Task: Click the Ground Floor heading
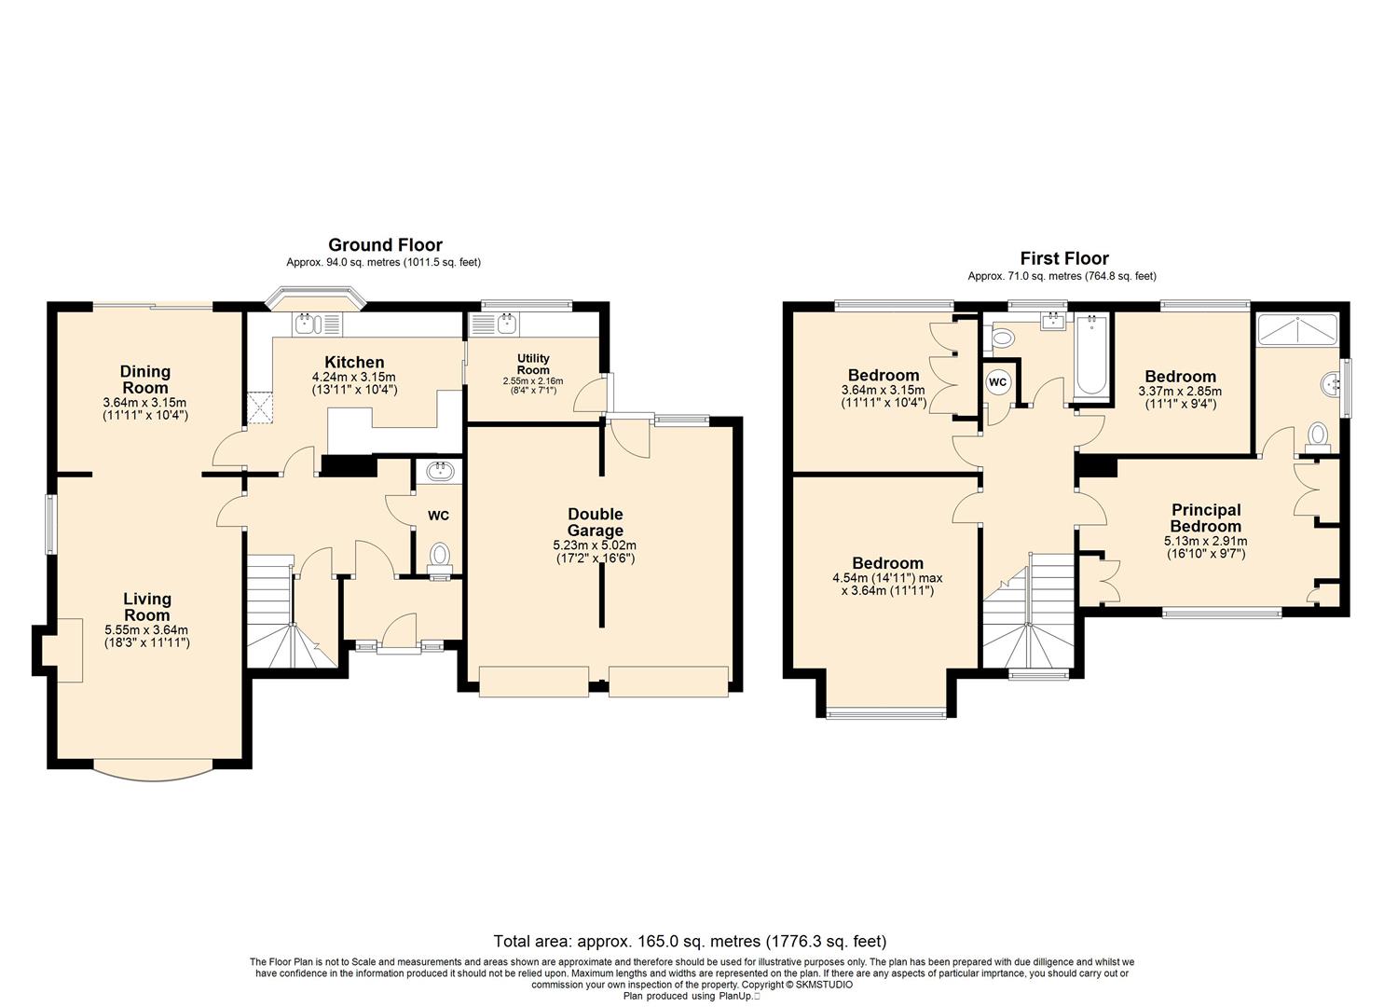point(385,245)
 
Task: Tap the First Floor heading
point(1064,258)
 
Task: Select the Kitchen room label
point(355,363)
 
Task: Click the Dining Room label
point(145,379)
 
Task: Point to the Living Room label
point(147,606)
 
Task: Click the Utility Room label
point(533,364)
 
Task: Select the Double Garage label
point(596,522)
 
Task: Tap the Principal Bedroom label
point(1206,518)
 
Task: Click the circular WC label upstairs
point(997,382)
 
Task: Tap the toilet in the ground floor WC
point(440,560)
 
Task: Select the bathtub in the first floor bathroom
point(1092,355)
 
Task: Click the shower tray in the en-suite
point(1297,328)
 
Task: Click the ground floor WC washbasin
point(440,473)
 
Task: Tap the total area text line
point(691,941)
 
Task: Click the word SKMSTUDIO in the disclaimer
point(824,985)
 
